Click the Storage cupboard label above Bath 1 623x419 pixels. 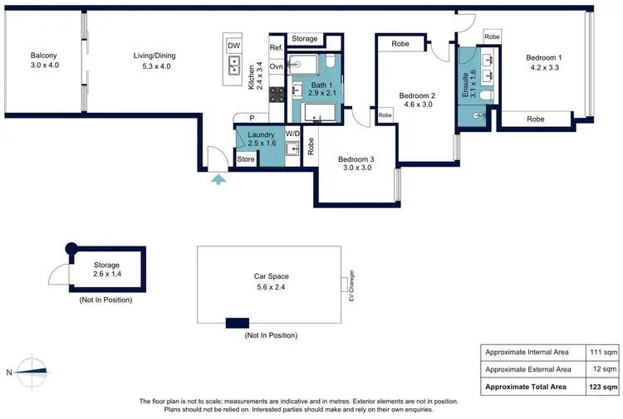point(305,39)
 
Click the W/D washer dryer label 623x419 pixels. point(292,133)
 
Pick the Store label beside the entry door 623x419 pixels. point(246,159)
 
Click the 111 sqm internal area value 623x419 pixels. point(600,353)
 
